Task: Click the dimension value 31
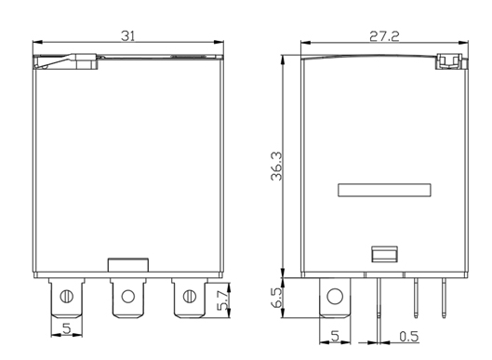[127, 36]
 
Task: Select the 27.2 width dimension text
[384, 36]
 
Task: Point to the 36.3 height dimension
[276, 167]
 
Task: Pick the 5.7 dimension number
[222, 300]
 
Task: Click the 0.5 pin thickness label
[409, 337]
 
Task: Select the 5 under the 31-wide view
[67, 328]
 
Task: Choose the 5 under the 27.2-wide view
[335, 336]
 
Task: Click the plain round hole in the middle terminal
[128, 297]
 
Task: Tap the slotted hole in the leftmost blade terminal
[67, 297]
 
